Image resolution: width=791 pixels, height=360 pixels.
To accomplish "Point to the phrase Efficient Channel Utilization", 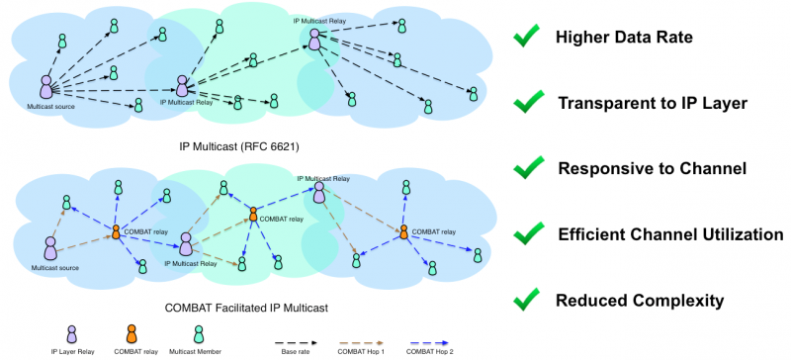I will click(x=670, y=234).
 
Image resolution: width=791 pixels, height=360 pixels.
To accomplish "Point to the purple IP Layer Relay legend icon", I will click(x=69, y=333).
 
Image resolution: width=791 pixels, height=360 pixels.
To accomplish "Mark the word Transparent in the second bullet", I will click(x=606, y=103).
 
